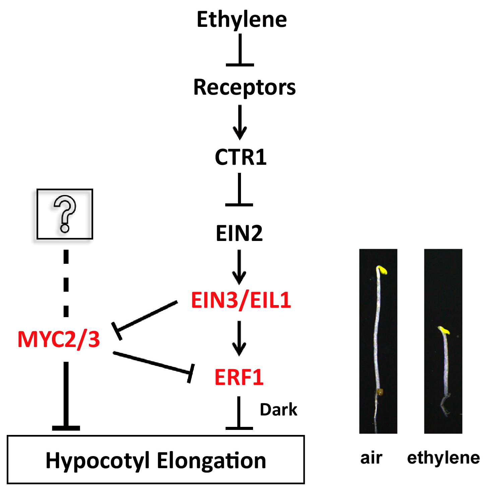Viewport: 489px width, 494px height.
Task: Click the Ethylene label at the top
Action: [241, 19]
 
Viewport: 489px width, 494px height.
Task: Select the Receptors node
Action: [244, 87]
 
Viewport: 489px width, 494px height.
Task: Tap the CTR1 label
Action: [240, 157]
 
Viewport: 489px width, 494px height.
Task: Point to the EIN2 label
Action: [239, 233]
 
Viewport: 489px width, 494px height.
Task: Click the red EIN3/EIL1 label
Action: [241, 300]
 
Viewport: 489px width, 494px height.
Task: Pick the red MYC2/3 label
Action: [59, 339]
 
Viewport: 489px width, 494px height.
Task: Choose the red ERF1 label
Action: [239, 377]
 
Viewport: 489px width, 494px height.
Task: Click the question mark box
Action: [65, 214]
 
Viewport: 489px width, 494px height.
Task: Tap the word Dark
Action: [279, 410]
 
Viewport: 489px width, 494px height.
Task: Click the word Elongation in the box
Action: [211, 460]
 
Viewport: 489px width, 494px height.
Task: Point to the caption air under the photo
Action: [371, 458]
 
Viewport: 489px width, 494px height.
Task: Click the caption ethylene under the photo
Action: [443, 458]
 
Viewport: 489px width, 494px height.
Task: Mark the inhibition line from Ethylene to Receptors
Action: [240, 50]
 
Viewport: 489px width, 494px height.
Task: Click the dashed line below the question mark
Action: [66, 284]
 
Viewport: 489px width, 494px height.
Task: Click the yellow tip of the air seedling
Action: [381, 270]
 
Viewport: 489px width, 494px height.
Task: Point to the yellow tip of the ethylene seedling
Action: [444, 330]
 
